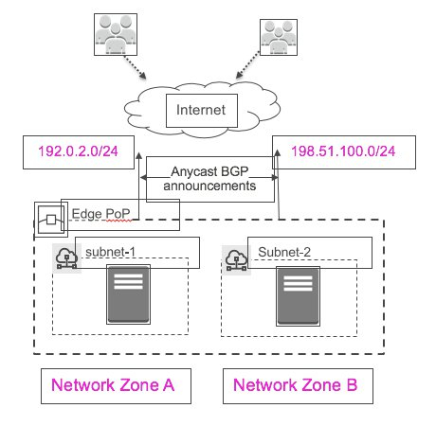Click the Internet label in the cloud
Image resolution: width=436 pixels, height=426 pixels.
[201, 110]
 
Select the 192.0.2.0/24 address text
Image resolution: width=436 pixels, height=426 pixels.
[78, 151]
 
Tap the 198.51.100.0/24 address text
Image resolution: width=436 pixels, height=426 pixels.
[343, 151]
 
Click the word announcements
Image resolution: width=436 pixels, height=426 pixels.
[209, 186]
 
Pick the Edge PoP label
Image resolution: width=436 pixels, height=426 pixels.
[100, 214]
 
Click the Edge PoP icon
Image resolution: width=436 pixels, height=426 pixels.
[51, 220]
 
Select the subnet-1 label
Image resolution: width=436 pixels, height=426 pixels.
[110, 252]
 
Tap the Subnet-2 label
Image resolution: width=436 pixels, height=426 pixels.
[284, 252]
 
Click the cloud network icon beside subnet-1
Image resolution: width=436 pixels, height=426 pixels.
[66, 257]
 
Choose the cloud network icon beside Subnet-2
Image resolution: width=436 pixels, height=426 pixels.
[236, 259]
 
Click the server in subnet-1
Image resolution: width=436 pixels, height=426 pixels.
[128, 294]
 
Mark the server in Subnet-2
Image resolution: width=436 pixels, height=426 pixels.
[298, 296]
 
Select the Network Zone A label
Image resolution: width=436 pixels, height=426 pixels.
[113, 385]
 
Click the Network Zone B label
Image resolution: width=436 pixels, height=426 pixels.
[295, 385]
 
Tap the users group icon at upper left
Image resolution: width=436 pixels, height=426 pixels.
[116, 34]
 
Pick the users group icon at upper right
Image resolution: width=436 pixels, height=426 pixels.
[279, 37]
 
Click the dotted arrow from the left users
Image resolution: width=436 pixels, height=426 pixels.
[135, 67]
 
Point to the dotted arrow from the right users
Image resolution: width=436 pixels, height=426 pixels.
[248, 65]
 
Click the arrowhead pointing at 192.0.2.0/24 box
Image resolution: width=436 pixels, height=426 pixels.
[138, 155]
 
